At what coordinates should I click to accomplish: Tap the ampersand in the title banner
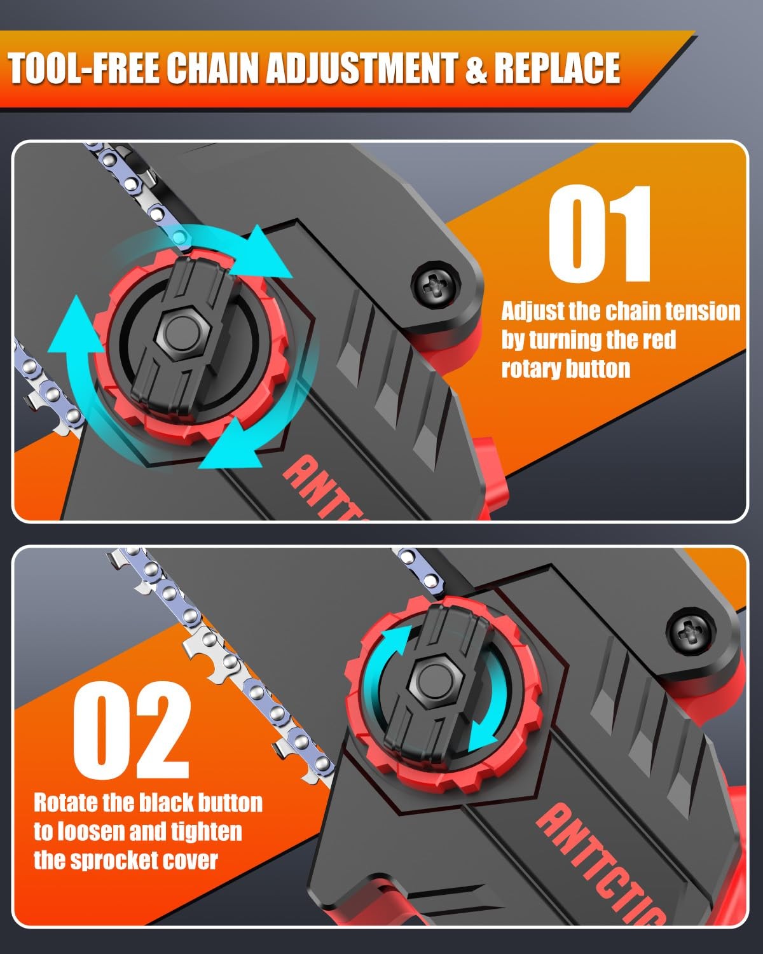(477, 68)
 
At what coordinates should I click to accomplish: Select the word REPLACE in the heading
(557, 68)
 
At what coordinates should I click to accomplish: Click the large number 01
(600, 233)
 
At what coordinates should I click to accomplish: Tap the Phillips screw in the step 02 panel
(691, 632)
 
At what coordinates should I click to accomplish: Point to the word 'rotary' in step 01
(525, 370)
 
